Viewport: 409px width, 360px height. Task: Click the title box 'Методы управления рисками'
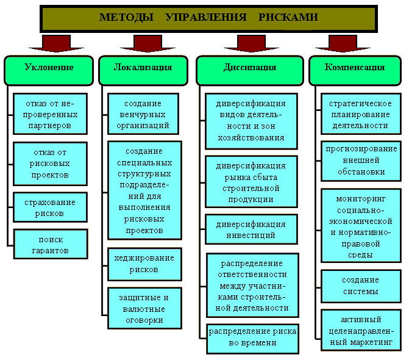208,18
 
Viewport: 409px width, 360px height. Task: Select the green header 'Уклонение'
49,68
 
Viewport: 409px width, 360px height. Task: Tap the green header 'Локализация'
143,68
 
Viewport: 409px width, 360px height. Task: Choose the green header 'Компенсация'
355,68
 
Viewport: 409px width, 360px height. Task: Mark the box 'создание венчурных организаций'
143,113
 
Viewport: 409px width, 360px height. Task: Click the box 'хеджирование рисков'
144,264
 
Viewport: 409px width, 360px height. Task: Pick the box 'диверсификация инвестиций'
251,229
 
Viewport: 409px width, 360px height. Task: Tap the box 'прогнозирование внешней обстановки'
361,160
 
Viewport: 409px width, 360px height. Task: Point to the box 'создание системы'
361,286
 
